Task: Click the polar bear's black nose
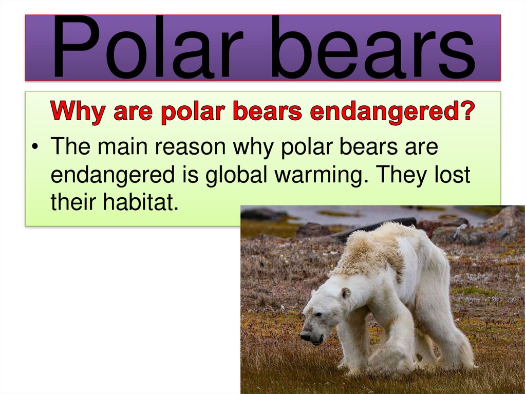[x=305, y=337]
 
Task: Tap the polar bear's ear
[x=346, y=294]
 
